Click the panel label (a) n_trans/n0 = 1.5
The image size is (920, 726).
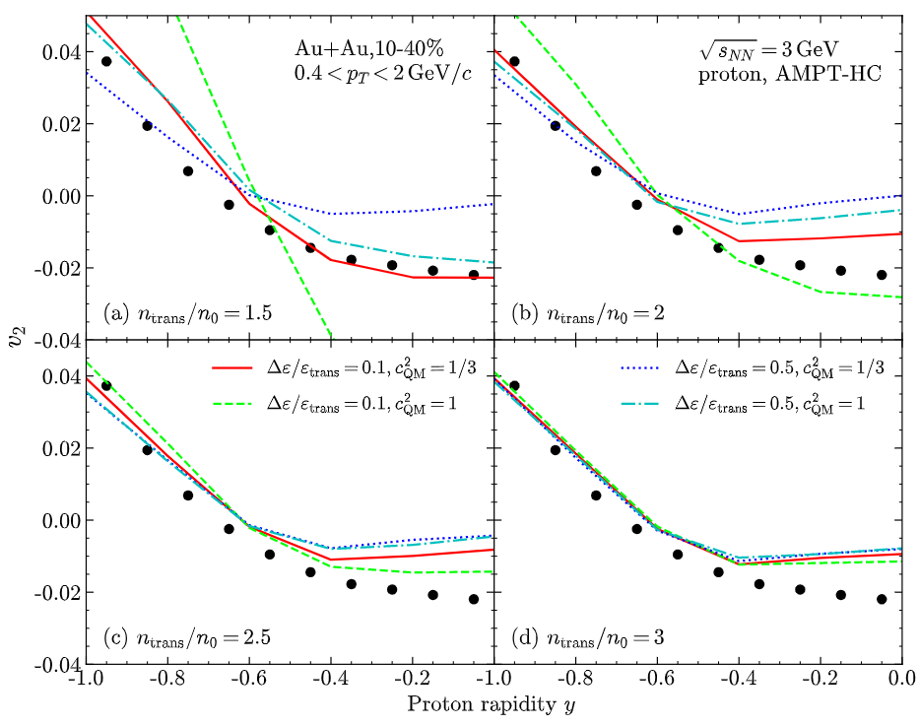click(187, 314)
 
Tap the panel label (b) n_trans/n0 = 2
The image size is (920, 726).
click(583, 314)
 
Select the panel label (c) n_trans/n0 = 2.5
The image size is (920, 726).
click(187, 637)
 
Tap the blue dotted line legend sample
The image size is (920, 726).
click(650, 365)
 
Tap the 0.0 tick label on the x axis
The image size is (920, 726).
click(900, 681)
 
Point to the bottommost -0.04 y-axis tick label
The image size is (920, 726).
click(55, 664)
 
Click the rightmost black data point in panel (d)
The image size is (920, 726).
click(882, 599)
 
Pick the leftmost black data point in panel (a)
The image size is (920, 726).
click(106, 62)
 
